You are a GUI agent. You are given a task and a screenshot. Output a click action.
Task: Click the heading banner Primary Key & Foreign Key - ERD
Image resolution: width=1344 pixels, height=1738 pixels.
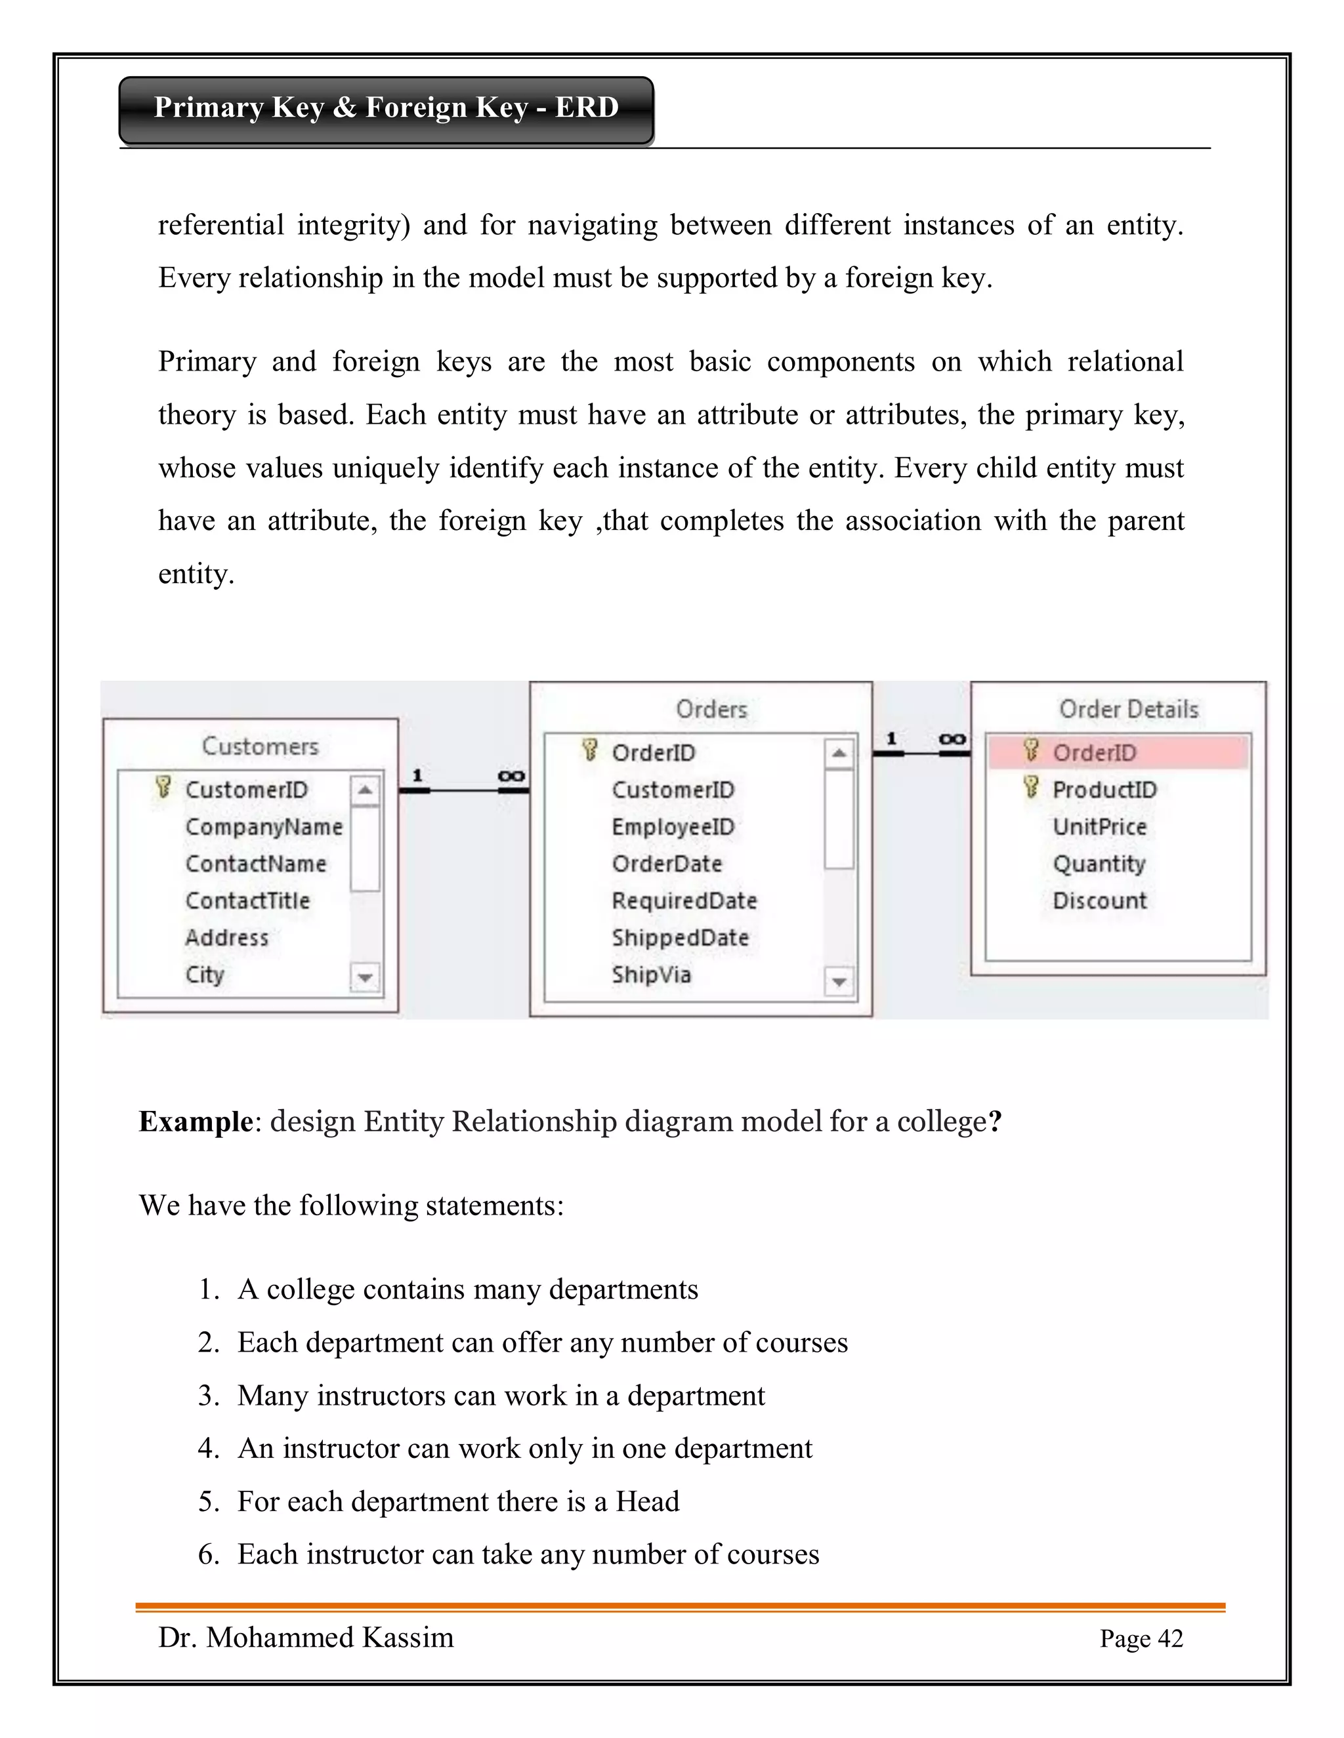386,108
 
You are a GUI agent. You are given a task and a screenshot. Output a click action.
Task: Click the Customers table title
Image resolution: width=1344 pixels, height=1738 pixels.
260,746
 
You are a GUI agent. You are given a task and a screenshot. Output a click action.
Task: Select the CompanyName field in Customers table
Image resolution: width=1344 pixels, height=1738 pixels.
264,827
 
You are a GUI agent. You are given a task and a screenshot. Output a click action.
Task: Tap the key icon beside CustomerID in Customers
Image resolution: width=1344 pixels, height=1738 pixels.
163,788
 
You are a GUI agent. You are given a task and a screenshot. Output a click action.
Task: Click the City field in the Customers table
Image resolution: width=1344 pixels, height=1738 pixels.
205,975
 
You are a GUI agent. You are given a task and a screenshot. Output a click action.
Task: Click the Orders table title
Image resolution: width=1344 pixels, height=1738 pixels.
711,709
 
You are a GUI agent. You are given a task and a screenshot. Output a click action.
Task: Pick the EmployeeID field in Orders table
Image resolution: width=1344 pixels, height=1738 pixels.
673,827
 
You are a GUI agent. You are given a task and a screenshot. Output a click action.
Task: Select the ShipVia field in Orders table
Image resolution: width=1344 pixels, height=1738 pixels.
650,975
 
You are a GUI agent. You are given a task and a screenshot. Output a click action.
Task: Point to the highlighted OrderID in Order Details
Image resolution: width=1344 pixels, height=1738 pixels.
1094,753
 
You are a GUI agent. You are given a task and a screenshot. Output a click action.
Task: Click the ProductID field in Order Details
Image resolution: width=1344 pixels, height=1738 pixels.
1104,790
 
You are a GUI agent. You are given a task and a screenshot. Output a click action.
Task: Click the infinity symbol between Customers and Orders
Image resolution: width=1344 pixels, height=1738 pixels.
511,775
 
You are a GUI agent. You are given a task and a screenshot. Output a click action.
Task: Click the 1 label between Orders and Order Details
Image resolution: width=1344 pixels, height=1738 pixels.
892,738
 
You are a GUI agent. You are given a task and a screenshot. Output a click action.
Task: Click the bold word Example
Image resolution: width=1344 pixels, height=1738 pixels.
196,1122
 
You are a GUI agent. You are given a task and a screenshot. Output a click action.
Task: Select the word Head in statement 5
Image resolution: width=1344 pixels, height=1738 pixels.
647,1502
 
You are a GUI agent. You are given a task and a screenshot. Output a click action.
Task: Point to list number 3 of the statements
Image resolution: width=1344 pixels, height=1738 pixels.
208,1396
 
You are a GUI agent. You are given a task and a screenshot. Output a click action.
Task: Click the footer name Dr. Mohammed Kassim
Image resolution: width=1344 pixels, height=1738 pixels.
306,1638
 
